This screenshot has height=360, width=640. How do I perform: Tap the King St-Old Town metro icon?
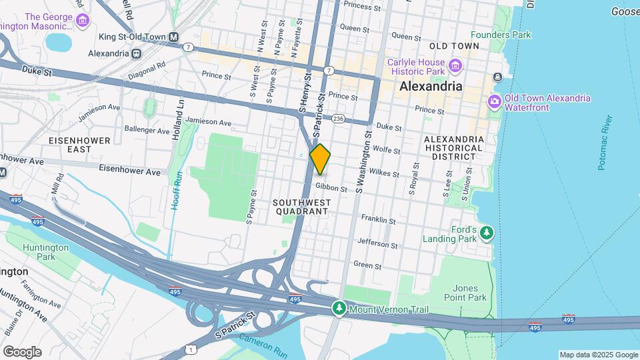(173, 37)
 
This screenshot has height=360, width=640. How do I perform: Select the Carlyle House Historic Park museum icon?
(455, 65)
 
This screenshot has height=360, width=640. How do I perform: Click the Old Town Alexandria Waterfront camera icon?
(495, 102)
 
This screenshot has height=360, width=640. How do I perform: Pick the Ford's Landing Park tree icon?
(487, 233)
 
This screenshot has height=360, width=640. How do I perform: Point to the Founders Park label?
(500, 35)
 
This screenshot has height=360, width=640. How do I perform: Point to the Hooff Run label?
(176, 190)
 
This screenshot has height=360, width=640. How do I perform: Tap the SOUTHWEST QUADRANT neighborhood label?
(302, 205)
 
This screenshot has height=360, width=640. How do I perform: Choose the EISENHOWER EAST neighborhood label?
(69, 145)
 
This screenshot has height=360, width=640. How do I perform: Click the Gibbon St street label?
(331, 189)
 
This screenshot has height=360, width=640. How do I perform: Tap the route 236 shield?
(339, 119)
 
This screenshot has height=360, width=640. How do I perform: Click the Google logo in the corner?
(22, 351)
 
